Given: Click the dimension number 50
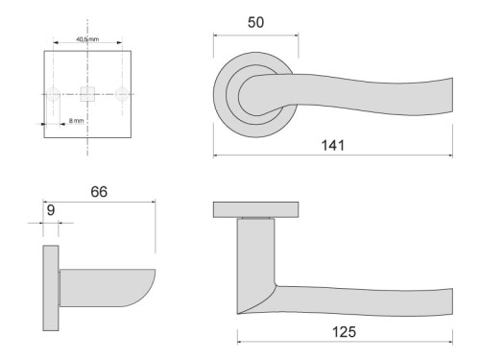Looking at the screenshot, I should coord(255,22).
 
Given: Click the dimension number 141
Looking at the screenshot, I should coord(333,145).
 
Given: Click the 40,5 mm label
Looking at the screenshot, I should coord(86,40).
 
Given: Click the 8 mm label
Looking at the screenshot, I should coord(76,121).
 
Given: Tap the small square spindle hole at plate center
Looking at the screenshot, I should coord(87,93).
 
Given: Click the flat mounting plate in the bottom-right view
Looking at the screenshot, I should coord(259,210).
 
